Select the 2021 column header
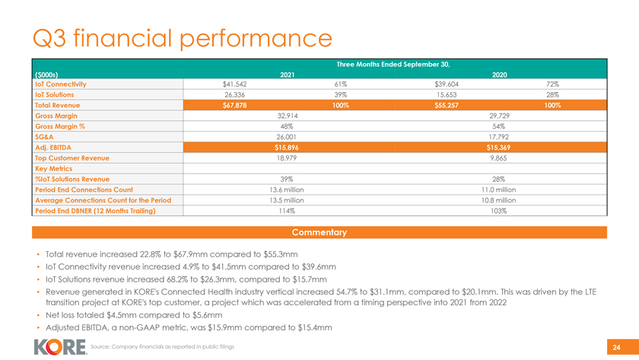288,75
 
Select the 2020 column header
499,75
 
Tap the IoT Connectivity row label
60,84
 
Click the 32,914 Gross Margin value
288,116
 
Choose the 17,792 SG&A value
499,137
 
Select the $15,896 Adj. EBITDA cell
288,148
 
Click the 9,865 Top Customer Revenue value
499,158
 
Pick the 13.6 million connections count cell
288,190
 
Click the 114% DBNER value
288,211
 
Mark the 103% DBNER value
499,211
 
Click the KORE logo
59,346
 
